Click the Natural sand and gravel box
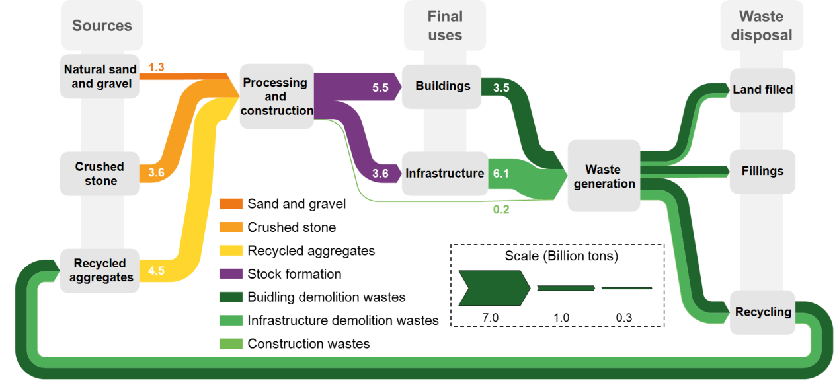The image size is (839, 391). click(100, 77)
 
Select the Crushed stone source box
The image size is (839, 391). click(100, 174)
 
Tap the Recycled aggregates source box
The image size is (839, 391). click(100, 270)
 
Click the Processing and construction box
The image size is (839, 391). click(276, 96)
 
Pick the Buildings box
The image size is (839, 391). click(442, 87)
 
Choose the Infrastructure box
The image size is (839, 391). click(444, 174)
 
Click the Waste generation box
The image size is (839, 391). click(604, 176)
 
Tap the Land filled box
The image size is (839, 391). click(762, 90)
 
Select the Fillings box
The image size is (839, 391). click(762, 171)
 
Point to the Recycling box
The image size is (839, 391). click(763, 312)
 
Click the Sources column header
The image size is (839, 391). click(102, 26)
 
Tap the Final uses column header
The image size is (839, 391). click(445, 26)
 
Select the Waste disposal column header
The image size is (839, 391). click(761, 26)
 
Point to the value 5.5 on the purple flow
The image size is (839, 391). click(380, 87)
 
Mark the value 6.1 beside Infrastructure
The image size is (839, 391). click(501, 174)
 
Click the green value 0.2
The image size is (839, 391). click(501, 210)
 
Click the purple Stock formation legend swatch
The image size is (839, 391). click(231, 273)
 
